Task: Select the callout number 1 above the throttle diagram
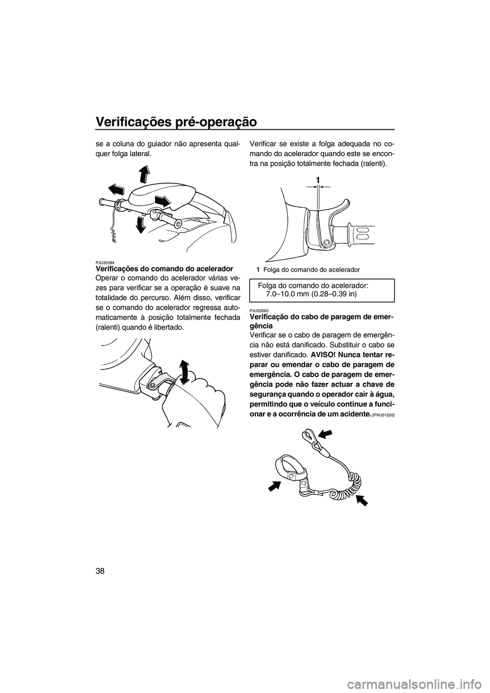[317, 180]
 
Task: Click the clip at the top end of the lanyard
[307, 436]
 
